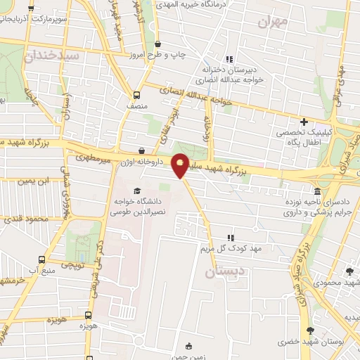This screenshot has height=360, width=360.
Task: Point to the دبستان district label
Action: click(226, 270)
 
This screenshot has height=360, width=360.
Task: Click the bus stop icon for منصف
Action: click(136, 94)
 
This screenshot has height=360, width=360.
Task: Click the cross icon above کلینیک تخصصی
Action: click(304, 122)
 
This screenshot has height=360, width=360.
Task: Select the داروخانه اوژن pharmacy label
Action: click(141, 162)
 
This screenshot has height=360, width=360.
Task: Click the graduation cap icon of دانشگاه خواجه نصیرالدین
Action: click(136, 191)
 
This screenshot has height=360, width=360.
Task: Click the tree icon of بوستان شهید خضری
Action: click(310, 330)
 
